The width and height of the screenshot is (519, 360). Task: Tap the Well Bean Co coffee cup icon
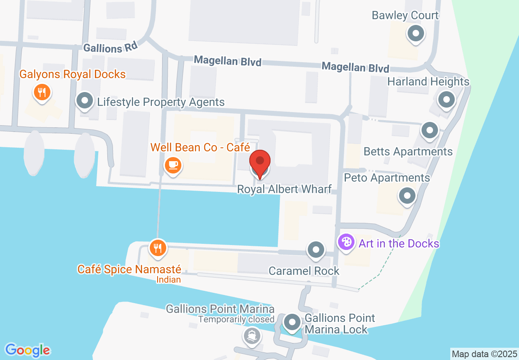[x=173, y=166]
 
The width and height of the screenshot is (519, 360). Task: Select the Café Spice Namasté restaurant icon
[x=158, y=248]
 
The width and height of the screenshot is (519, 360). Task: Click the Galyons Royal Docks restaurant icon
[x=41, y=92]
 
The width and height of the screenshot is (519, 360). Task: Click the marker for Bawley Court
[x=416, y=34]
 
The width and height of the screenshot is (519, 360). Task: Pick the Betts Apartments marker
[x=429, y=131]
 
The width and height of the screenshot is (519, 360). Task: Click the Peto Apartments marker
[x=407, y=196]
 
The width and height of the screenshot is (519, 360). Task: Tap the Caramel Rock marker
[x=316, y=250]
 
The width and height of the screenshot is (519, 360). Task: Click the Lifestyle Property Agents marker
[x=85, y=101]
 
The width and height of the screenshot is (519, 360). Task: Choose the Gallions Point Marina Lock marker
[x=292, y=322]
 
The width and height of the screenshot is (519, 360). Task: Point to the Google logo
[x=27, y=350]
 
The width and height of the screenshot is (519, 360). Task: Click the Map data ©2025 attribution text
[x=484, y=354]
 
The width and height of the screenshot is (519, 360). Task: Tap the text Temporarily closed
[x=236, y=319]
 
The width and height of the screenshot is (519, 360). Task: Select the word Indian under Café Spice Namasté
[x=169, y=280]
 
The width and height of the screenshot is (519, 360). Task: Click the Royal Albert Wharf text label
[x=284, y=190]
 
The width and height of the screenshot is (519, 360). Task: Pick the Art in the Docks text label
[x=399, y=244]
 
